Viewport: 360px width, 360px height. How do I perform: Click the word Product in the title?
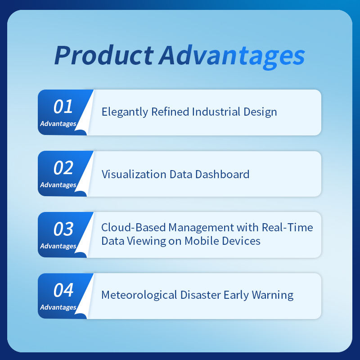pyautogui.click(x=104, y=55)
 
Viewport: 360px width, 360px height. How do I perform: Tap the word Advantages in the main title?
pyautogui.click(x=232, y=57)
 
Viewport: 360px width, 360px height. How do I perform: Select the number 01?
pyautogui.click(x=63, y=107)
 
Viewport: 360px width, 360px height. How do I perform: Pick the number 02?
pyautogui.click(x=63, y=168)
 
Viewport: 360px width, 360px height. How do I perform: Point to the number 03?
pyautogui.click(x=63, y=229)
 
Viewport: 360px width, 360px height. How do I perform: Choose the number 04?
pyautogui.click(x=63, y=290)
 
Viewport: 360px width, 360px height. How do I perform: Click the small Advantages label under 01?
pyautogui.click(x=58, y=124)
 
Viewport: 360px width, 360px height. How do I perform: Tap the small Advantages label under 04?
pyautogui.click(x=58, y=307)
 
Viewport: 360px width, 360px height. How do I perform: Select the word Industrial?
pyautogui.click(x=216, y=112)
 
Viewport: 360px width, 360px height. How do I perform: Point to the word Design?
pyautogui.click(x=260, y=112)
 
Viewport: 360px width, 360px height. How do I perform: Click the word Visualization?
pyautogui.click(x=134, y=174)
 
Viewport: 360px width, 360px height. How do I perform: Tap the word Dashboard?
pyautogui.click(x=222, y=174)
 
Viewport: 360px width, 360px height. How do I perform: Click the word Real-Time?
pyautogui.click(x=287, y=228)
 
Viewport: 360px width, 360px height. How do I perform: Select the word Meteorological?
pyautogui.click(x=139, y=296)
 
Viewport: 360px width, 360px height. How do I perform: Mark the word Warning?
pyautogui.click(x=273, y=296)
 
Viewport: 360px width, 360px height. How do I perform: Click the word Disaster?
pyautogui.click(x=200, y=295)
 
